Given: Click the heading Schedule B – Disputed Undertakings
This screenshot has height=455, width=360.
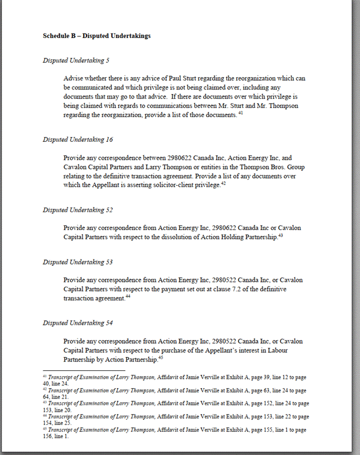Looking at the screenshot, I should (96, 36).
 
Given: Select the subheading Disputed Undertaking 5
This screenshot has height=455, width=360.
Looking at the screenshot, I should (76, 60).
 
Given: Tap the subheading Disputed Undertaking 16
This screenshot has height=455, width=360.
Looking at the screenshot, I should (78, 140).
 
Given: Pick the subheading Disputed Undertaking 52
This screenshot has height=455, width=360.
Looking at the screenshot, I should (78, 210).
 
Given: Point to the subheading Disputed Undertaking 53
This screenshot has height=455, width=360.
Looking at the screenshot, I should (78, 262).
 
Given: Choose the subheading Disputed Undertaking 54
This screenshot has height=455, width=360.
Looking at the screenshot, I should (78, 323).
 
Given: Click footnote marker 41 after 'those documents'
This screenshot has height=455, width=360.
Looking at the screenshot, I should (241, 113).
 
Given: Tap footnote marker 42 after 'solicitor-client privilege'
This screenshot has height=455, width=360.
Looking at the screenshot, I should (223, 183).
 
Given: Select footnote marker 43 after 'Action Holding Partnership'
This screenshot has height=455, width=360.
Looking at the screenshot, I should (282, 235).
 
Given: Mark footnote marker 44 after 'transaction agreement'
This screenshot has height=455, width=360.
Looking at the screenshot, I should (128, 296).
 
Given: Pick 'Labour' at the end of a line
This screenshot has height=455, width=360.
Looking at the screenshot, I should (293, 351).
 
